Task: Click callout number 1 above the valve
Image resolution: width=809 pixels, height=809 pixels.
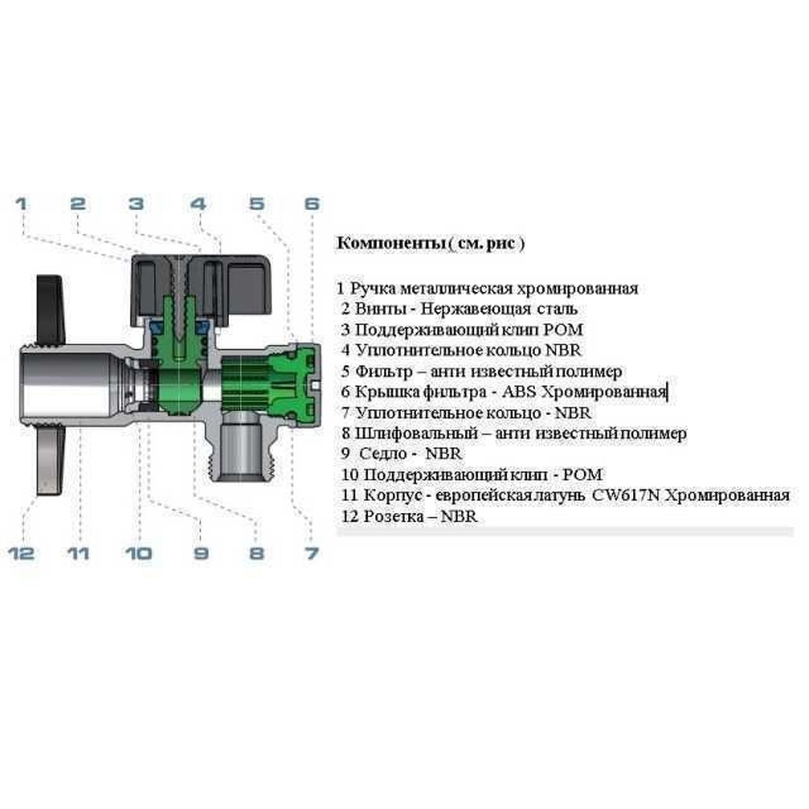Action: coord(21,204)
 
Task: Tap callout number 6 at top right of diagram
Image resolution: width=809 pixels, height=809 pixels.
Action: coord(312,204)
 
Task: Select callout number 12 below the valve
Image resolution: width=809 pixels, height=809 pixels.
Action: coord(22,553)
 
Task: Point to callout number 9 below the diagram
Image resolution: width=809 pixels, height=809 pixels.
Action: coord(201,553)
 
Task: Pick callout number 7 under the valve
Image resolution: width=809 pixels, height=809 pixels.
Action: coord(312,553)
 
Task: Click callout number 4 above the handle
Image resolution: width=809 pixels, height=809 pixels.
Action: coord(198,204)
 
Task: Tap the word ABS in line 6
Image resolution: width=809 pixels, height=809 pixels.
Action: coord(520,392)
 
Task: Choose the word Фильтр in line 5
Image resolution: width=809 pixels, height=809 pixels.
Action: coord(384,372)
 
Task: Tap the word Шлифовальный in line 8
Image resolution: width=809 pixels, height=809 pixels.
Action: coord(416,434)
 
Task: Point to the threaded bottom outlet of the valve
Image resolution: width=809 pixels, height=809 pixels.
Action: coord(243,454)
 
